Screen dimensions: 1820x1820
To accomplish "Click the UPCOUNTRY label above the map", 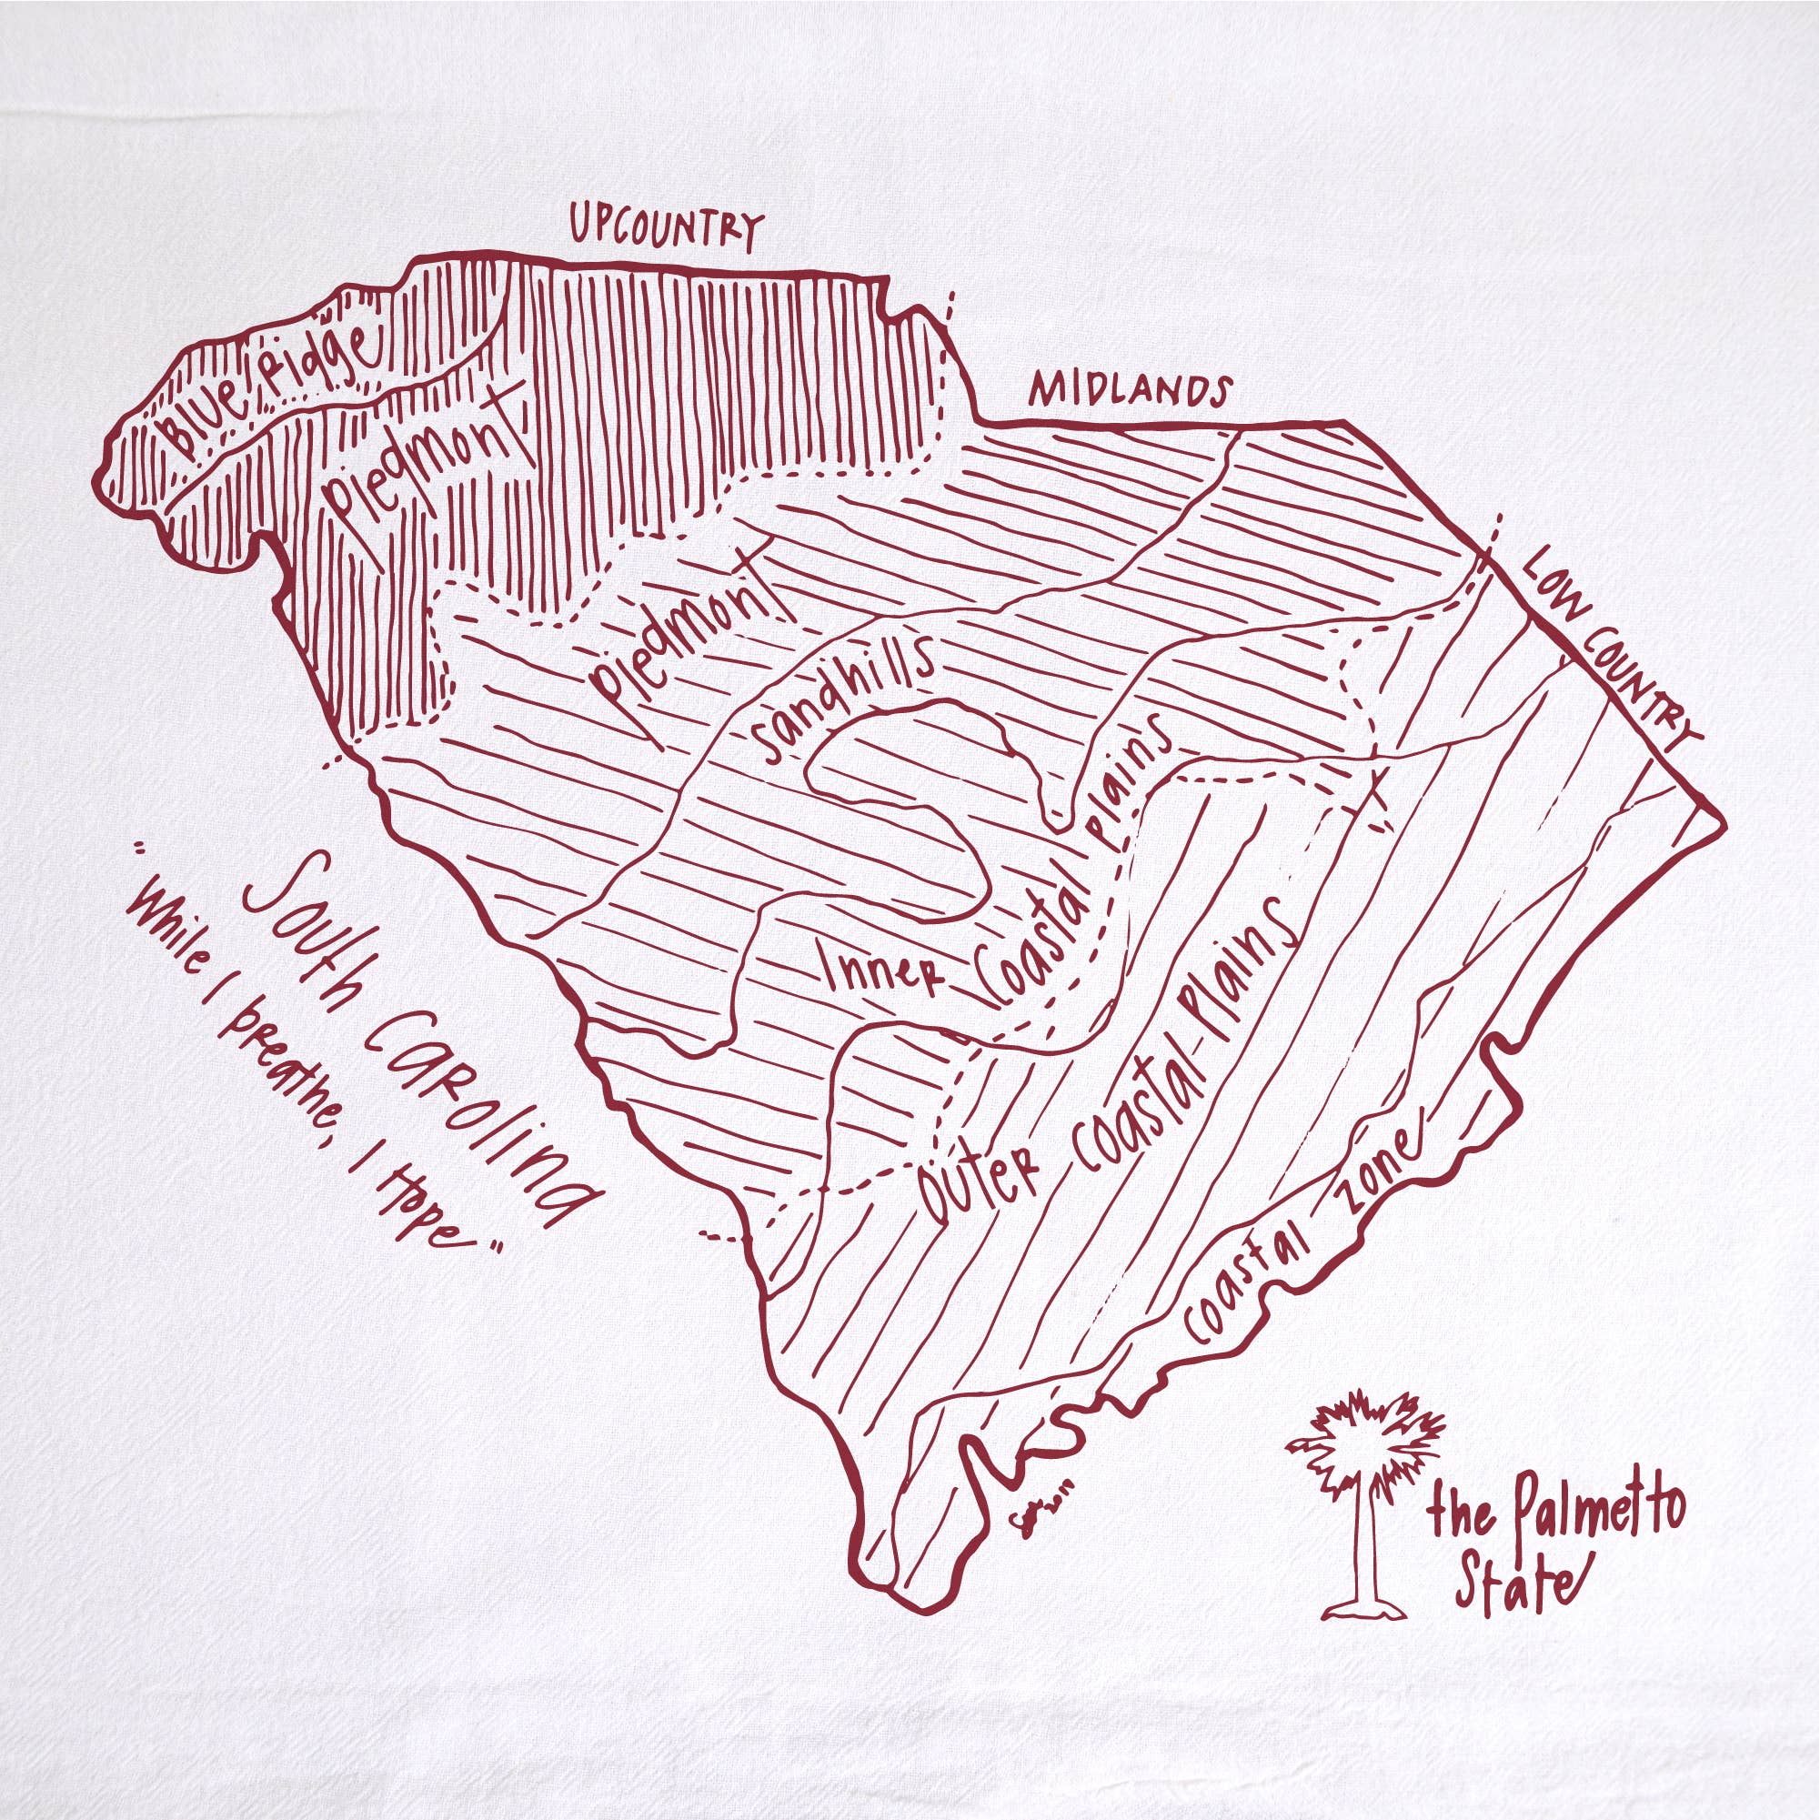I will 664,227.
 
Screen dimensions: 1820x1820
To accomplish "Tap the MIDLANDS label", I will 1131,389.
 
